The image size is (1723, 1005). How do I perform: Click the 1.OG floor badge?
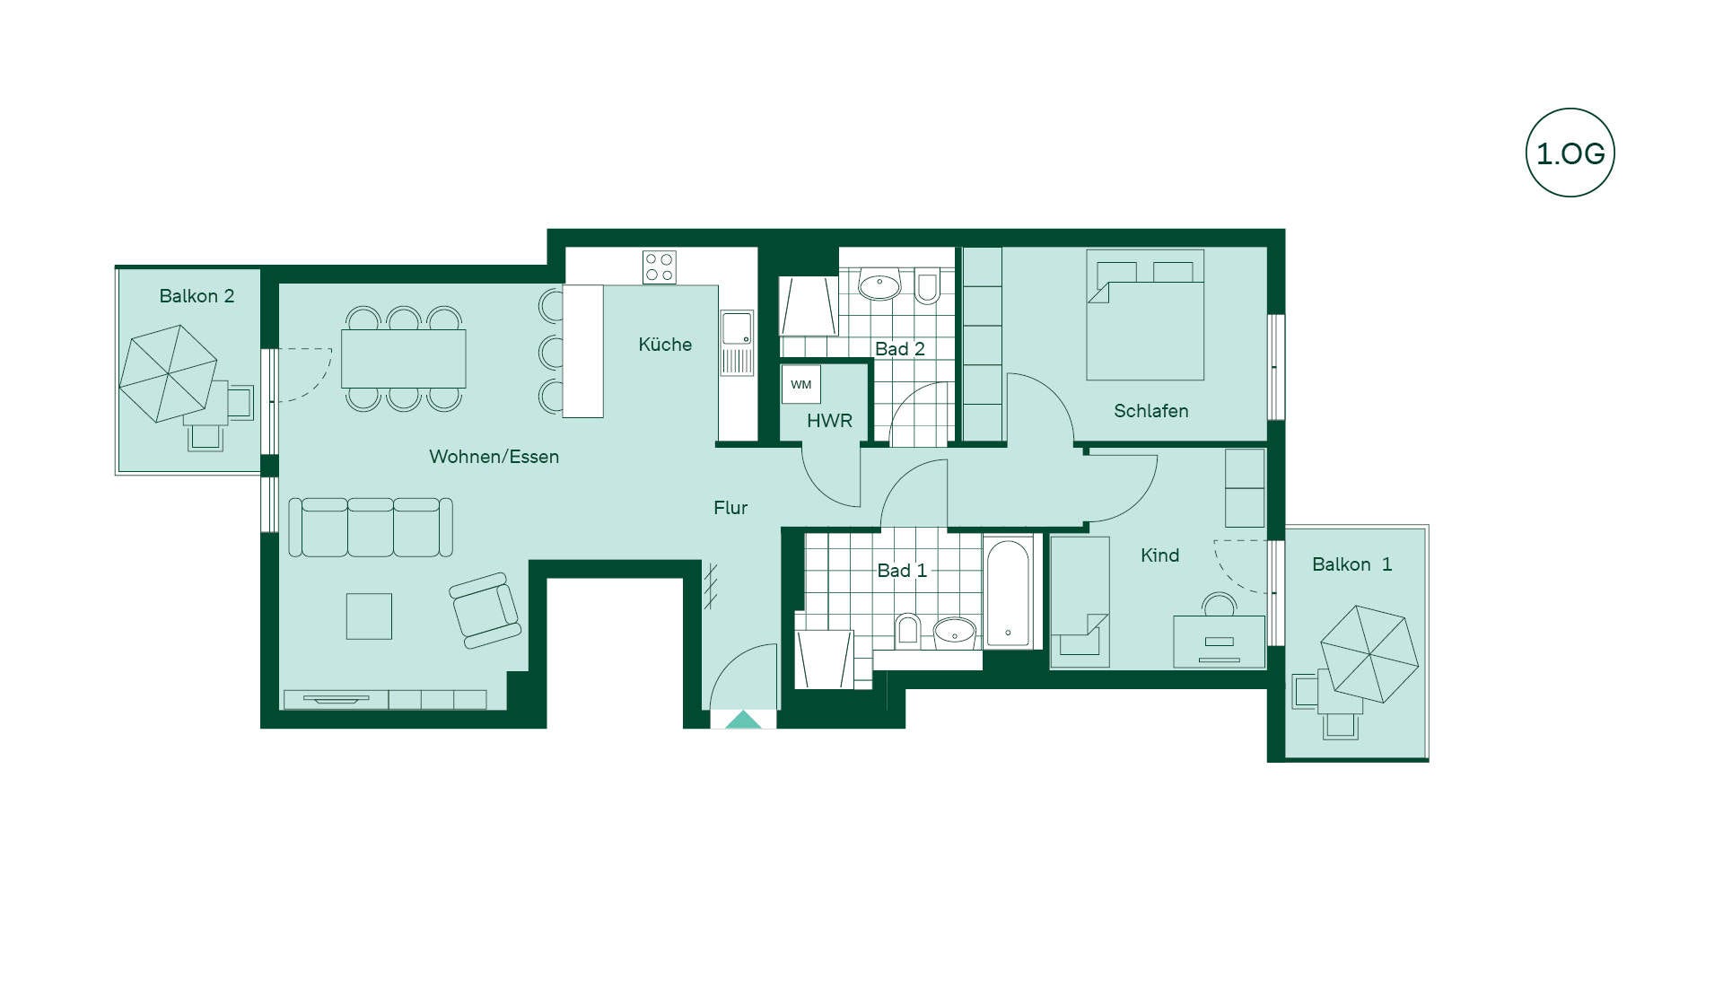coord(1570,153)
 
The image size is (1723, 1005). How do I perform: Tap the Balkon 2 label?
coord(197,296)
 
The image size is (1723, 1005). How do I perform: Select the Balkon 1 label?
coord(1351,564)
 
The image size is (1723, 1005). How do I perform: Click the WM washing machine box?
coord(800,384)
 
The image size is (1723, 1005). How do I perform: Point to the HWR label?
coord(829,421)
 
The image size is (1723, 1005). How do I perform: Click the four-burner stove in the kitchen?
coord(660,267)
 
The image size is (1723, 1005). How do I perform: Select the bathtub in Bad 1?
coord(1009,591)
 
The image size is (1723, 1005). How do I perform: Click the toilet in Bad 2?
coord(927,285)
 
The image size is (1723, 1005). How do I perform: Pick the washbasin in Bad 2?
coord(879,284)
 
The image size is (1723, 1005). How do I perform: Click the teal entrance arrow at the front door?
coord(743,720)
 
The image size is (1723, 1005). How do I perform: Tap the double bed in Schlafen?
coord(1145,315)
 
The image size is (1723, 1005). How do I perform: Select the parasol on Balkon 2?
coord(169,373)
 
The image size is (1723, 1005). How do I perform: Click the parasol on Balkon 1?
coord(1369,654)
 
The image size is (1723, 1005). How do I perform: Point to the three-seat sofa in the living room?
coord(371,528)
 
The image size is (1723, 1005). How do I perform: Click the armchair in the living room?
coord(485,610)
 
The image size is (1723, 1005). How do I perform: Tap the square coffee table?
coord(369,616)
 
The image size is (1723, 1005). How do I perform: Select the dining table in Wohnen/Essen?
coord(404,359)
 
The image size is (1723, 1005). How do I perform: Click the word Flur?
coord(730,508)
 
